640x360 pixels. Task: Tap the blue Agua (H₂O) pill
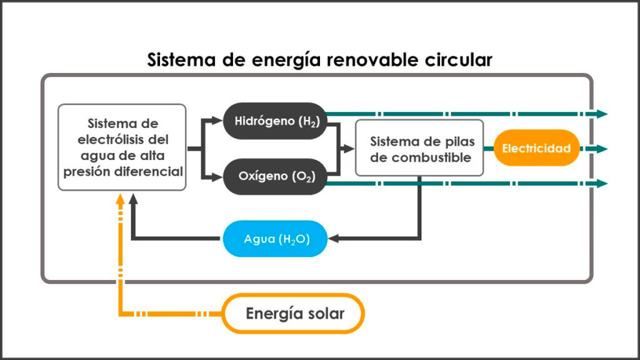(276, 239)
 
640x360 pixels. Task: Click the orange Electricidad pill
(536, 148)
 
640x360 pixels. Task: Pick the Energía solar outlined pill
(294, 312)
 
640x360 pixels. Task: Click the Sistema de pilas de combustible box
(419, 148)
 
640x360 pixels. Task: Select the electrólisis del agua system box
(122, 147)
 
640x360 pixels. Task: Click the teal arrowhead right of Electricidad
(602, 149)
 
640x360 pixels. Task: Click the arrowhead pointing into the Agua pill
(333, 239)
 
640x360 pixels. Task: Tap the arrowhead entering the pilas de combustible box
(349, 149)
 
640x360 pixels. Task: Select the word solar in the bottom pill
(324, 313)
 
